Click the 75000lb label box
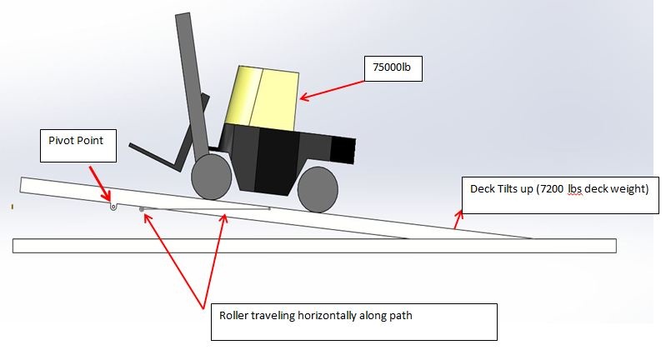point(393,68)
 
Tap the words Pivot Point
point(76,140)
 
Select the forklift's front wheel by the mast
point(211,177)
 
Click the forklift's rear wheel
point(318,190)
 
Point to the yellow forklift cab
point(263,97)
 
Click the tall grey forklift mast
point(193,86)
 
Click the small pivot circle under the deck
point(113,207)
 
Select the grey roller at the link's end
point(141,209)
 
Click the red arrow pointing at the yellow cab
point(332,90)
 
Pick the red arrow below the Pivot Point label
point(100,183)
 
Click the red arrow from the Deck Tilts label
point(458,220)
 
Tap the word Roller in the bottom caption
point(233,316)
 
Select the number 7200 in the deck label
point(552,189)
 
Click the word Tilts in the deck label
point(503,189)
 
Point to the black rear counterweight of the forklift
point(343,150)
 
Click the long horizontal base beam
point(314,246)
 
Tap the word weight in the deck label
point(628,189)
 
